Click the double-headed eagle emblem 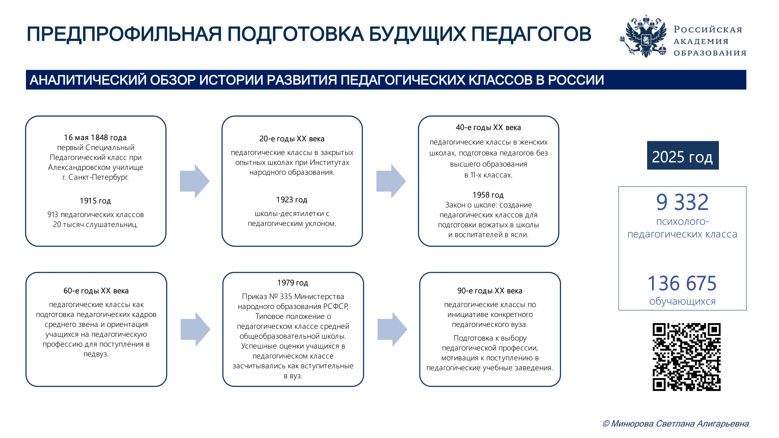[645, 36]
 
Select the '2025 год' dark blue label [683, 155]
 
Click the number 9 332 [682, 202]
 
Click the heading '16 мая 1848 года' [95, 138]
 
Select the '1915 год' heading [95, 201]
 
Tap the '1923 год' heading [292, 200]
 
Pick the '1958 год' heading [488, 195]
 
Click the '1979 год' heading [293, 283]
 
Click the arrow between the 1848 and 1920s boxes [194, 181]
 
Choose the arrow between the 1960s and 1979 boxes [195, 329]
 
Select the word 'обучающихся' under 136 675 [682, 301]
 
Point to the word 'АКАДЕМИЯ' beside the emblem [701, 41]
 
